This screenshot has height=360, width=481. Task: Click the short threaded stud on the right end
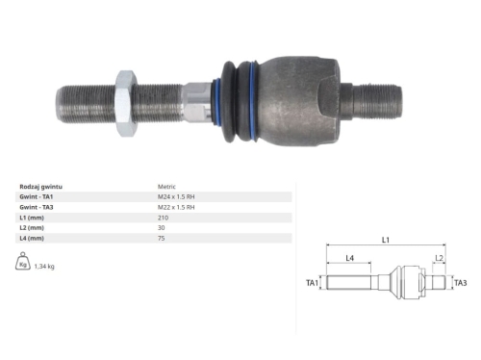coord(381,96)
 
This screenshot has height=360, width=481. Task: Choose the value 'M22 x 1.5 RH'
coord(176,207)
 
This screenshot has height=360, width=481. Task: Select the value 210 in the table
coord(163,219)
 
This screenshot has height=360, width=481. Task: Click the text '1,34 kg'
coord(43,266)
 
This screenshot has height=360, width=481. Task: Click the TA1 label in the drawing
coord(313,284)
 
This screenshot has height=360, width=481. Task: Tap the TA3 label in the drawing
coord(460,283)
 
